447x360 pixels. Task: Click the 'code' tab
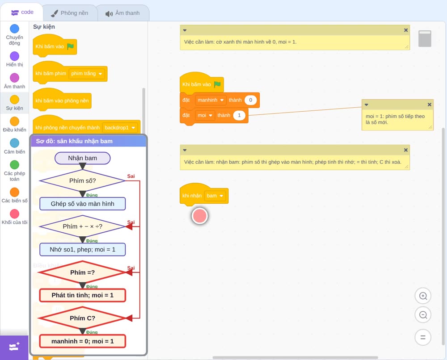[x=22, y=12]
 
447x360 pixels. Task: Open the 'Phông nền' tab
[x=70, y=13]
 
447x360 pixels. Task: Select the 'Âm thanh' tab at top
[x=122, y=13]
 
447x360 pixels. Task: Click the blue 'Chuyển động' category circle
[x=15, y=29]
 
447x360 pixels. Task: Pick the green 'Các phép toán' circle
[x=15, y=165]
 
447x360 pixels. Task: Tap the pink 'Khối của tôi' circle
[x=15, y=213]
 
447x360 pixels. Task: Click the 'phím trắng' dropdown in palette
[x=87, y=74]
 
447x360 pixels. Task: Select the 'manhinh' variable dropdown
[x=211, y=100]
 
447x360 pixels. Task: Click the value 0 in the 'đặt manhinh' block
[x=251, y=100]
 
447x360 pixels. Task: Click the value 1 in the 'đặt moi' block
[x=239, y=115]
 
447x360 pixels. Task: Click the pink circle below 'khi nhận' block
[x=200, y=216]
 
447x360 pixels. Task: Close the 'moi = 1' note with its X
[x=429, y=105]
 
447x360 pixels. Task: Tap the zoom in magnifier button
[x=423, y=296]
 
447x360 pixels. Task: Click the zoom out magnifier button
[x=423, y=315]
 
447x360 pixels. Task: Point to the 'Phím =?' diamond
[x=82, y=272]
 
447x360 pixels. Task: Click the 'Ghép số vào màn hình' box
[x=82, y=204]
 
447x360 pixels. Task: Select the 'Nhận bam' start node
[x=82, y=158]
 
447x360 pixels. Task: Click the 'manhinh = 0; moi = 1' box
[x=82, y=341]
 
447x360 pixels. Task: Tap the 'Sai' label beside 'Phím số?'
[x=131, y=176]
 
